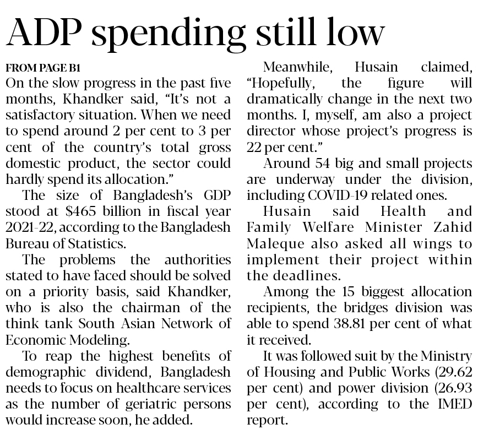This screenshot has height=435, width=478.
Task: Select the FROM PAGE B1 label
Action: [42, 68]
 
